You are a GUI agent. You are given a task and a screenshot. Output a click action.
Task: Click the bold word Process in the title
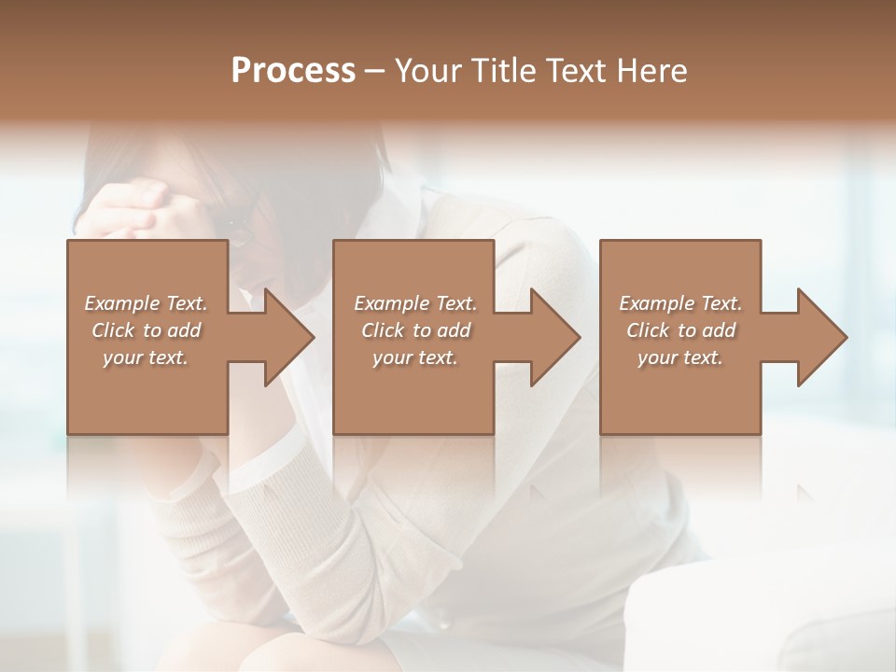pyautogui.click(x=293, y=71)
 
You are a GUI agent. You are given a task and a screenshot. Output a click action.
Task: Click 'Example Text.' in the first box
pyautogui.click(x=146, y=303)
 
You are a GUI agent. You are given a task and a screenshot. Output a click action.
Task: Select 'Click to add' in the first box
pyautogui.click(x=146, y=330)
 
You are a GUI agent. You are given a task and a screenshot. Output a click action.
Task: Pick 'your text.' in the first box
pyautogui.click(x=146, y=357)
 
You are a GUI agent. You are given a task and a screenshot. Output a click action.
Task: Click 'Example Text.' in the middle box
pyautogui.click(x=414, y=303)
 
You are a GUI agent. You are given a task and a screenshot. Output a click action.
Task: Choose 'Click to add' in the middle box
pyautogui.click(x=414, y=330)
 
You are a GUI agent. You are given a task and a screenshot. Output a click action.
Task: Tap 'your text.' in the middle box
pyautogui.click(x=414, y=357)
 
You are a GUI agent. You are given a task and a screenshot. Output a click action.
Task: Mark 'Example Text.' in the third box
pyautogui.click(x=680, y=303)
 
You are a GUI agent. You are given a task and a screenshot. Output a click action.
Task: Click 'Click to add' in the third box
pyautogui.click(x=680, y=330)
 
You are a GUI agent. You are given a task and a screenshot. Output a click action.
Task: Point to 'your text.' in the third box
pyautogui.click(x=680, y=357)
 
